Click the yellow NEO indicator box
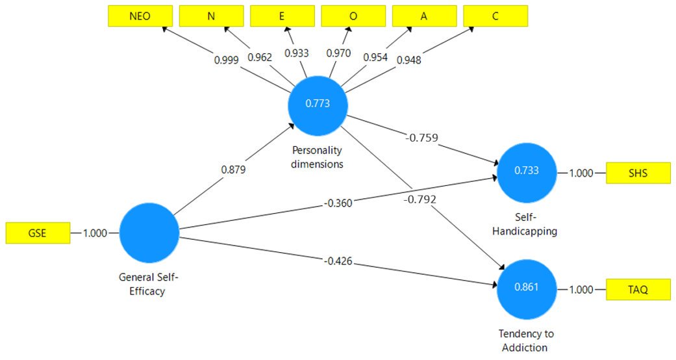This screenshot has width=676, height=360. tap(140, 16)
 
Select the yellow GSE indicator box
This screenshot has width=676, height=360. tap(38, 233)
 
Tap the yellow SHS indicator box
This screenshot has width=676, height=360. tap(638, 174)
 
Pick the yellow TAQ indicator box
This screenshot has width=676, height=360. tap(638, 290)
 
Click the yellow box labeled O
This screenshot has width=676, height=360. tap(353, 16)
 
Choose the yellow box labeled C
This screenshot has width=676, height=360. tap(495, 16)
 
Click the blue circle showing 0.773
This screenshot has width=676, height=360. tap(318, 103)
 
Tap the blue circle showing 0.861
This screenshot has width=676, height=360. tap(527, 287)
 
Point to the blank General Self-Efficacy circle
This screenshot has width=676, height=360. tap(149, 233)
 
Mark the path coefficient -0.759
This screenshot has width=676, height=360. tap(422, 138)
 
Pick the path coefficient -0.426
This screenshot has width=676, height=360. tap(337, 261)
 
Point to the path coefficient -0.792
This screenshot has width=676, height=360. tap(418, 199)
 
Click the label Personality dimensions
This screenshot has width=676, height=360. tap(318, 157)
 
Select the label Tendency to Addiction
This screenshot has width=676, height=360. tap(526, 341)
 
